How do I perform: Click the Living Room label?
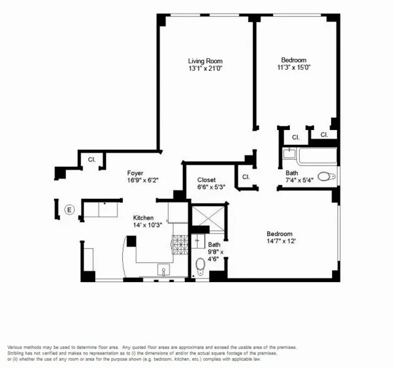(x=204, y=61)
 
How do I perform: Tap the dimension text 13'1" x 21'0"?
(x=204, y=69)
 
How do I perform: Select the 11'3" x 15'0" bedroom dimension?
(x=294, y=68)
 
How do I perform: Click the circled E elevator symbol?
(x=69, y=210)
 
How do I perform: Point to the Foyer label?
(x=136, y=173)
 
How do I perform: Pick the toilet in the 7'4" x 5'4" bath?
(x=328, y=176)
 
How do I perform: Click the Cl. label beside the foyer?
(x=91, y=159)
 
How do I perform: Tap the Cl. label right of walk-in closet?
(x=246, y=177)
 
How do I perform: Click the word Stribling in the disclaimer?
(x=20, y=354)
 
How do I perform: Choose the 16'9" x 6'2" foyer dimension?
(x=136, y=180)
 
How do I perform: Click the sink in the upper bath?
(x=290, y=154)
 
